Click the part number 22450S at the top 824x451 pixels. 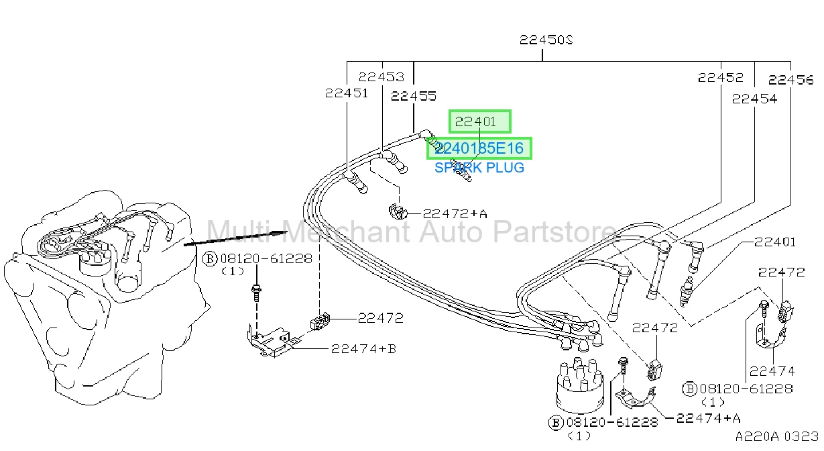pyautogui.click(x=546, y=40)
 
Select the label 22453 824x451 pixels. pyautogui.click(x=381, y=77)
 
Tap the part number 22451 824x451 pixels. pyautogui.click(x=347, y=93)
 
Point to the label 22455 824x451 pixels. pyautogui.click(x=414, y=96)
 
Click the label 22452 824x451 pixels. pyautogui.click(x=720, y=77)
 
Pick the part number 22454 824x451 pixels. pyautogui.click(x=754, y=99)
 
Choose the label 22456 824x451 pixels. pyautogui.click(x=791, y=79)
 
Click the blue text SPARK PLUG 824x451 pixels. pyautogui.click(x=479, y=168)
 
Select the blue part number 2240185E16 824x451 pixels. pyautogui.click(x=479, y=148)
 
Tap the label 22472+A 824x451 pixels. pyautogui.click(x=455, y=213)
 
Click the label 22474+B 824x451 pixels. pyautogui.click(x=363, y=348)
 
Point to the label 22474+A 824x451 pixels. pyautogui.click(x=708, y=418)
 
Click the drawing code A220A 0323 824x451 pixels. pyautogui.click(x=776, y=436)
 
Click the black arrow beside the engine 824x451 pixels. pyautogui.click(x=235, y=238)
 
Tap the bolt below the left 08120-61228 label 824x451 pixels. pyautogui.click(x=256, y=293)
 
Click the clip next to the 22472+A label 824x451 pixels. pyautogui.click(x=398, y=211)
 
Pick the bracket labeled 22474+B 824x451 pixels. pyautogui.click(x=270, y=342)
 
